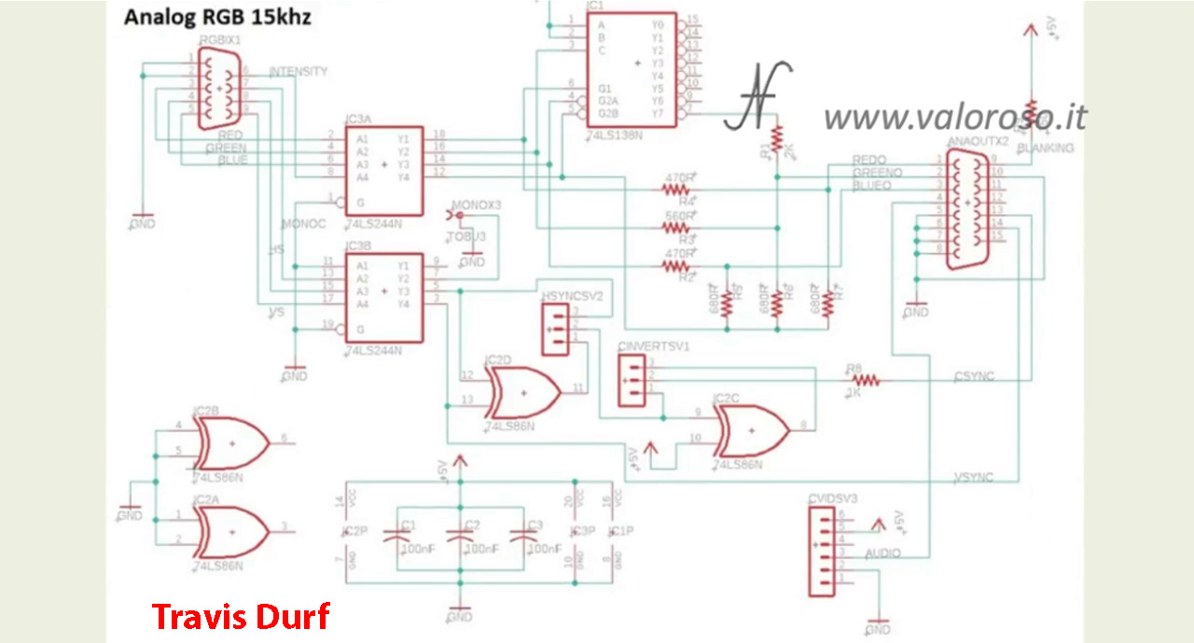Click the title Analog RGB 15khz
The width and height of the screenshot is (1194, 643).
tap(217, 17)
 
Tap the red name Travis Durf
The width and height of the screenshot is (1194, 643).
tap(241, 617)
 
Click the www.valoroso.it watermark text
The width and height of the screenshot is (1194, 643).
tap(954, 117)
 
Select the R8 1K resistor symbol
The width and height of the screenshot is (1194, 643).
tap(864, 380)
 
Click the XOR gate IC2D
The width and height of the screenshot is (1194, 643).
tap(521, 391)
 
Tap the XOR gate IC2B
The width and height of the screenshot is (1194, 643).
tap(229, 441)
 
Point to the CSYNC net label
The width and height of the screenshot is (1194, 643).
tap(974, 376)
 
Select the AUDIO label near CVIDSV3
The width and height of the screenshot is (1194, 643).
tap(882, 553)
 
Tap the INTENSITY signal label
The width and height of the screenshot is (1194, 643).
tap(298, 72)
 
